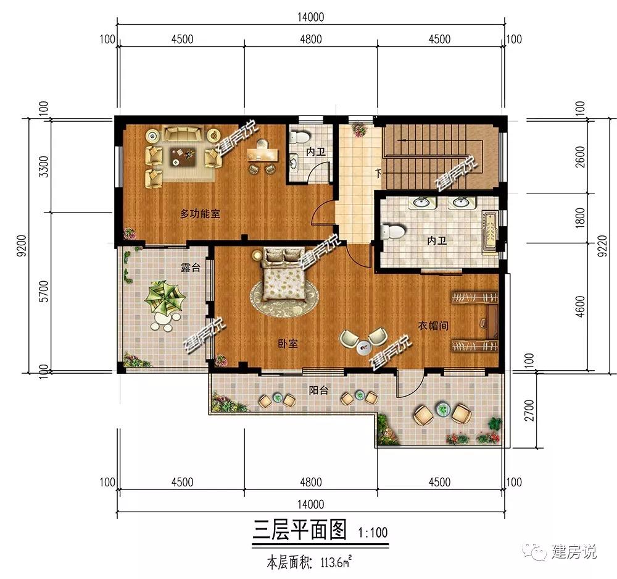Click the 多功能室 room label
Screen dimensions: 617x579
pos(200,214)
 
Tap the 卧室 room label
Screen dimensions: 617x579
pos(288,344)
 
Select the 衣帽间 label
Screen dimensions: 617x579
pos(433,326)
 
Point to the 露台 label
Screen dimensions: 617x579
pos(191,268)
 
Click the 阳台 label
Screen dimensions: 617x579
pos(318,391)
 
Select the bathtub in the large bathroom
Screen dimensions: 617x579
pos(490,230)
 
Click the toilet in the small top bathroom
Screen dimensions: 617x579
pos(300,137)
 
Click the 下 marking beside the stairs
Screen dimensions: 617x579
pos(379,173)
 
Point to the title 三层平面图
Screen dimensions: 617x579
pos(299,530)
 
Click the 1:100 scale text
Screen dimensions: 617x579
pos(373,533)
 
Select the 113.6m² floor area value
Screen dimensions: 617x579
pos(336,562)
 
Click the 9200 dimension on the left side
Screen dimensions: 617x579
pos(22,245)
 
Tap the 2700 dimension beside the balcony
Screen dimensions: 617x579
pos(529,410)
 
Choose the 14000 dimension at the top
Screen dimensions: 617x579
pos(310,17)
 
